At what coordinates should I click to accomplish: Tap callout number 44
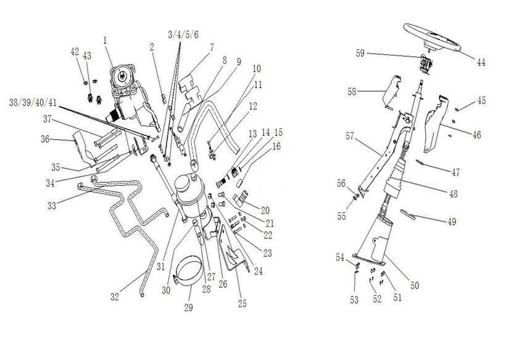coord(481,62)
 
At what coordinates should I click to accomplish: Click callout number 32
coord(114,296)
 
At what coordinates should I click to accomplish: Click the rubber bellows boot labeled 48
coord(399,179)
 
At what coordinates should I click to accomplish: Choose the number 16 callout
coord(276,146)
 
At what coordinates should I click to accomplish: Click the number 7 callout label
coord(212,47)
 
